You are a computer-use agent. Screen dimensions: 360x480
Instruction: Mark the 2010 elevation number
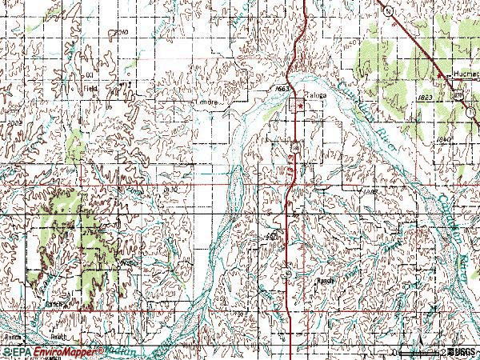[122, 32]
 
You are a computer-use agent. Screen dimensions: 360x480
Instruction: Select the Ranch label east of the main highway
[325, 282]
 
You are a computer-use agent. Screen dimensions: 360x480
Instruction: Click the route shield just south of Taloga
[295, 149]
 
